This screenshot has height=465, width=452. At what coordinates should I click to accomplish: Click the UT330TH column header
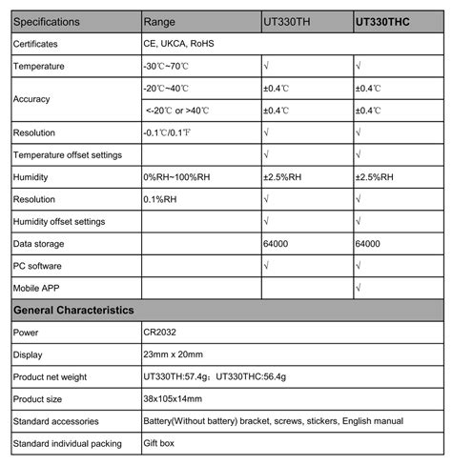coord(287,20)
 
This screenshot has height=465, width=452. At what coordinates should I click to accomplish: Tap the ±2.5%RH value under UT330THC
coord(377,176)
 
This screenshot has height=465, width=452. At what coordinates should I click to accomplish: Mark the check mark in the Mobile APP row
coord(358,288)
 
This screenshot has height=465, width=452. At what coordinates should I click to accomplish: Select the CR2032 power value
coord(161,333)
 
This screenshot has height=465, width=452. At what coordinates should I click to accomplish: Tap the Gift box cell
coord(162,443)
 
